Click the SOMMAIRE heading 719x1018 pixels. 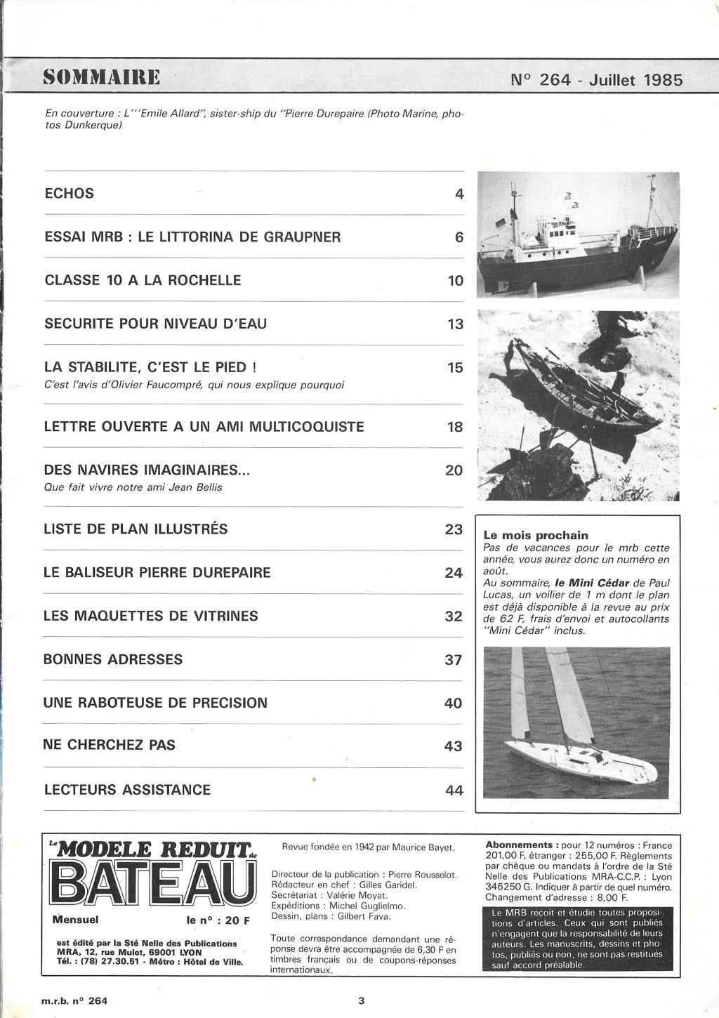(x=101, y=77)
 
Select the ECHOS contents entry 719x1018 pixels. (x=69, y=193)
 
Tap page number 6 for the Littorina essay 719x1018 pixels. (x=459, y=237)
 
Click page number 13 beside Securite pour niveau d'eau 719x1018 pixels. (x=456, y=324)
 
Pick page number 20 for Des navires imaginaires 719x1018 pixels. (x=454, y=470)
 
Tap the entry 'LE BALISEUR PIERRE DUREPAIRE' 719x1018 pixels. (x=157, y=572)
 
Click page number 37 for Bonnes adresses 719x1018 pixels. (x=454, y=660)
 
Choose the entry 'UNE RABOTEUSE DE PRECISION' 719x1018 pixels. (x=155, y=703)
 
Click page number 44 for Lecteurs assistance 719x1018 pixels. (x=454, y=791)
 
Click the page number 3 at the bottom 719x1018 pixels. (x=362, y=1001)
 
